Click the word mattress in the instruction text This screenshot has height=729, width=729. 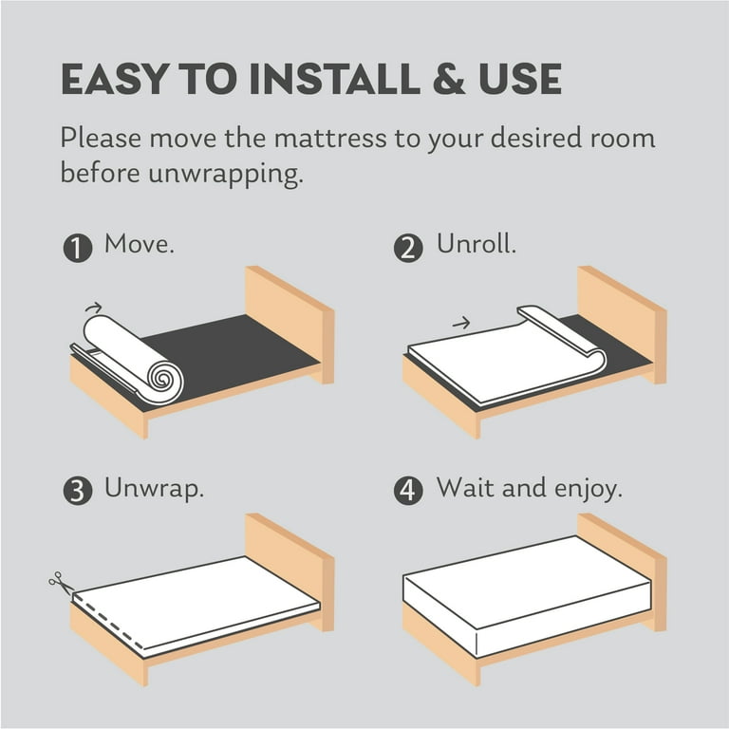(309, 139)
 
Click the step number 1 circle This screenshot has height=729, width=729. (77, 250)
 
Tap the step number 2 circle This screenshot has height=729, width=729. (407, 250)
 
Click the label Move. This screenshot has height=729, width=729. (140, 246)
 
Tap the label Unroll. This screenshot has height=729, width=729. (477, 246)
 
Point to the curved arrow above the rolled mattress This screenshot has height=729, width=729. (93, 308)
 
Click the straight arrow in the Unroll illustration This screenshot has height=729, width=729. (461, 324)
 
